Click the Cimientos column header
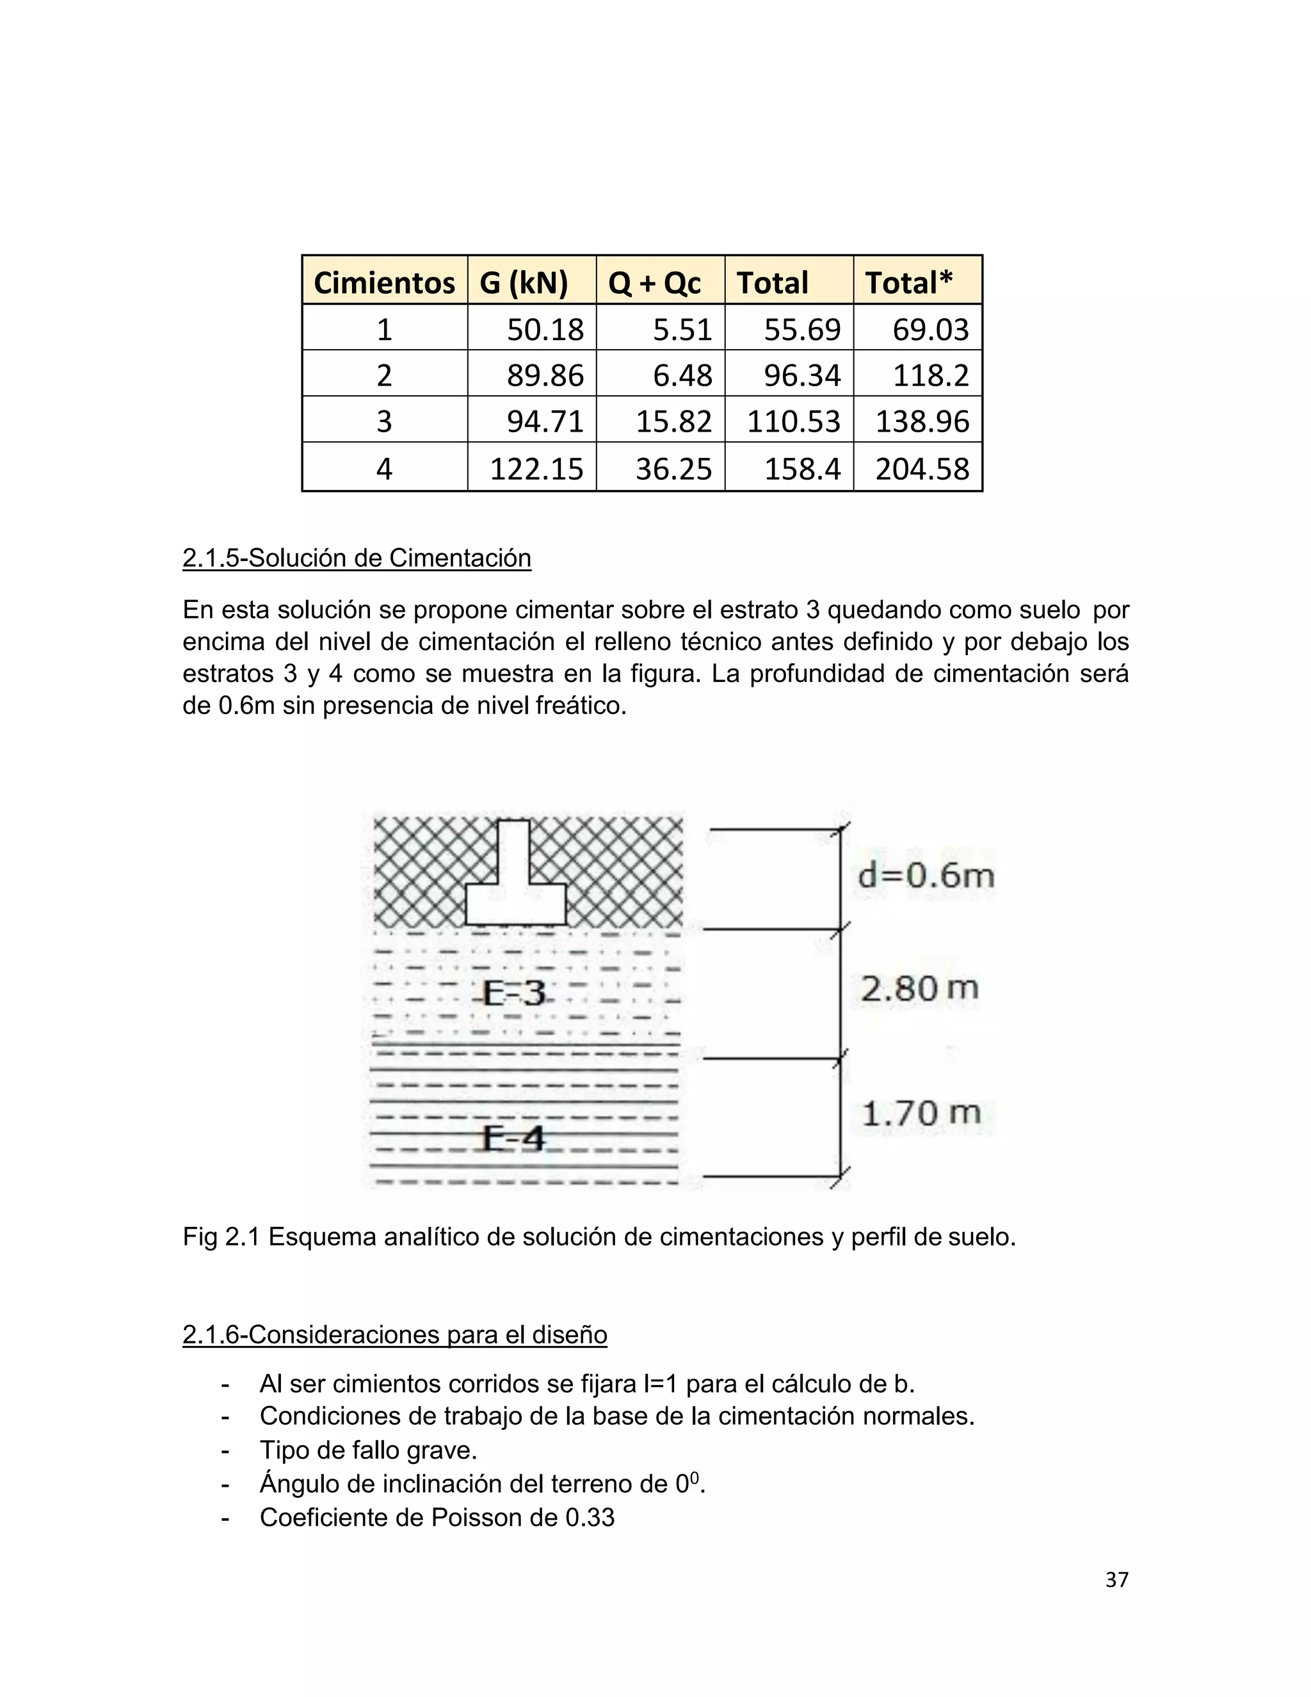(383, 282)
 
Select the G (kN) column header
(524, 282)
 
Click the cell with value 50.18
(545, 329)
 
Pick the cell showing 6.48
(682, 375)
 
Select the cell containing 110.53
(793, 421)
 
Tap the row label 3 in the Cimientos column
(383, 421)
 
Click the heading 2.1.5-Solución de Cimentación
(357, 558)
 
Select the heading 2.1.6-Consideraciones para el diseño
(394, 1334)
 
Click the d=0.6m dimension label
(926, 875)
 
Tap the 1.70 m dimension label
(921, 1113)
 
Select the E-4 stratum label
(513, 1139)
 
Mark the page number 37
(1116, 1580)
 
